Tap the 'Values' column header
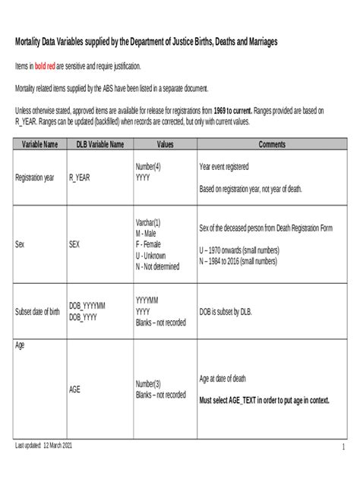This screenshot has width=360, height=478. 165,143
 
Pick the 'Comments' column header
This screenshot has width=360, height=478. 270,143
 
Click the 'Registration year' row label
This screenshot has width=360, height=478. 34,178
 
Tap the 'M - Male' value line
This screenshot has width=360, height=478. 150,234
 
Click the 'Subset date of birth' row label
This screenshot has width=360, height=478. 38,311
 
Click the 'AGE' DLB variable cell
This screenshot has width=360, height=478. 74,389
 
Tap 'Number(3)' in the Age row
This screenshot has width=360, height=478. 149,384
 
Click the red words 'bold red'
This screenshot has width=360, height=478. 49,67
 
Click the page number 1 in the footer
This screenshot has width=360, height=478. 343,447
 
